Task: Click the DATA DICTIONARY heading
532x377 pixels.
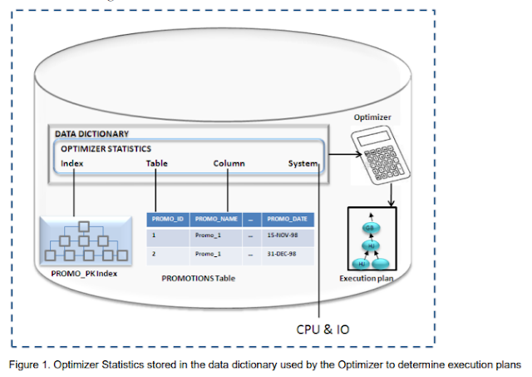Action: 92,133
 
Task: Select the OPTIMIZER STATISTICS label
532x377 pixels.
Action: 106,148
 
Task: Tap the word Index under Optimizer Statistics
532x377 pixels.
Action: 72,163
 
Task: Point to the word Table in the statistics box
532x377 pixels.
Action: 157,163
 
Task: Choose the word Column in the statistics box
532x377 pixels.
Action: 229,163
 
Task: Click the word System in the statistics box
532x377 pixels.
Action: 303,163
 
